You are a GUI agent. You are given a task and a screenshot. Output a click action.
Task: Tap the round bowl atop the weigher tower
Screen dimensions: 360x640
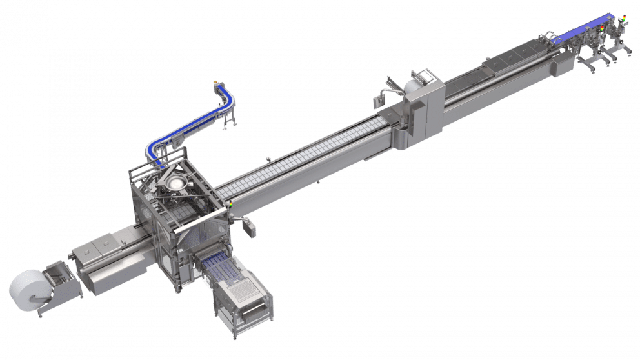(175, 184)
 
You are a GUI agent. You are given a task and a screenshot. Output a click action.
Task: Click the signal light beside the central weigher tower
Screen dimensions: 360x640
(230, 205)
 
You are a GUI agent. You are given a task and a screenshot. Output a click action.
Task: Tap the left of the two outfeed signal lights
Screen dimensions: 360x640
(602, 28)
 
